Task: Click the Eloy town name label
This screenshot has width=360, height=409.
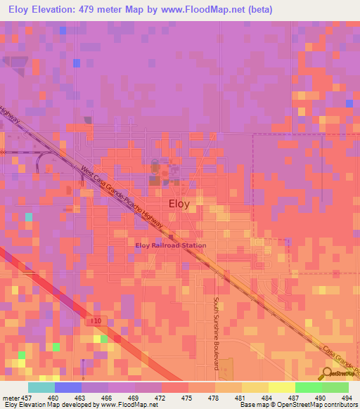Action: click(179, 204)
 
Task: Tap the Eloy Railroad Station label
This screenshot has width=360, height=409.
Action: click(171, 245)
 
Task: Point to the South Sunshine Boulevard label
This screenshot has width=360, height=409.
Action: click(217, 332)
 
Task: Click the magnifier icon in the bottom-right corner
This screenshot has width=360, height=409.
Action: click(329, 374)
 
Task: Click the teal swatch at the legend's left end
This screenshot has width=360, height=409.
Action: click(41, 387)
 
